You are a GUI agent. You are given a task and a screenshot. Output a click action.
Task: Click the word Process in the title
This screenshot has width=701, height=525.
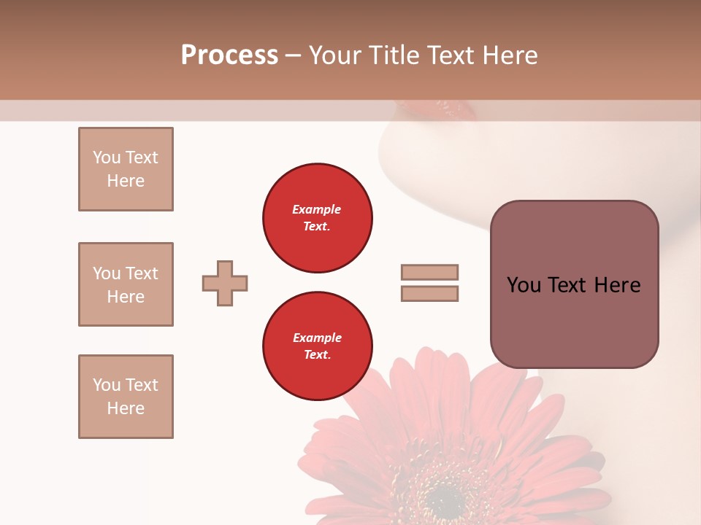pos(229,55)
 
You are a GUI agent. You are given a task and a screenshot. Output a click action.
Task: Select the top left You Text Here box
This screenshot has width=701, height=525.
pos(126,169)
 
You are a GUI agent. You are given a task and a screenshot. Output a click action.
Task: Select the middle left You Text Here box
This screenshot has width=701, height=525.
pos(126,284)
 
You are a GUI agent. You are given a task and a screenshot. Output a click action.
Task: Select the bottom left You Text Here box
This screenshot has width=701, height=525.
pos(126,397)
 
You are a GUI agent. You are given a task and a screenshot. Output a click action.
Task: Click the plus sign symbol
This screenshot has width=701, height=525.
pos(225,283)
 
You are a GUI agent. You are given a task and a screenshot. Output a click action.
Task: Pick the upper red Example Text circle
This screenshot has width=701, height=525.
pos(317,218)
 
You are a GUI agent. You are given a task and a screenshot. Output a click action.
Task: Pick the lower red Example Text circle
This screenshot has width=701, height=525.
pos(317,346)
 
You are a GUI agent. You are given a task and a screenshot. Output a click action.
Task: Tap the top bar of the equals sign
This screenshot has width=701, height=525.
pos(429,272)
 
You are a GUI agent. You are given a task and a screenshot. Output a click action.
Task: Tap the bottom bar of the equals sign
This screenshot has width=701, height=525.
pos(429,294)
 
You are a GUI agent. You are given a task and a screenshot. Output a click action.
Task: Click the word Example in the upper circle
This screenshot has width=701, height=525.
pos(317,209)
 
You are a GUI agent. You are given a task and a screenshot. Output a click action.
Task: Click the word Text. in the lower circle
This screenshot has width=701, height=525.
pos(317,355)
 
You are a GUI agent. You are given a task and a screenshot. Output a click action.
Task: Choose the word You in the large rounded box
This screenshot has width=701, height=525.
pos(524,285)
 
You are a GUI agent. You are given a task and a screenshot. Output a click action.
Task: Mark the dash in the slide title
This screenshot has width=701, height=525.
pos(293,55)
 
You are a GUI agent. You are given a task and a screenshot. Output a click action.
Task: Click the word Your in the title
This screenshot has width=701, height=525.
pos(334,55)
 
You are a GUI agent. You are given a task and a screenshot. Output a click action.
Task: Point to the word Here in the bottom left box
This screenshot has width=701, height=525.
pos(126,408)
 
